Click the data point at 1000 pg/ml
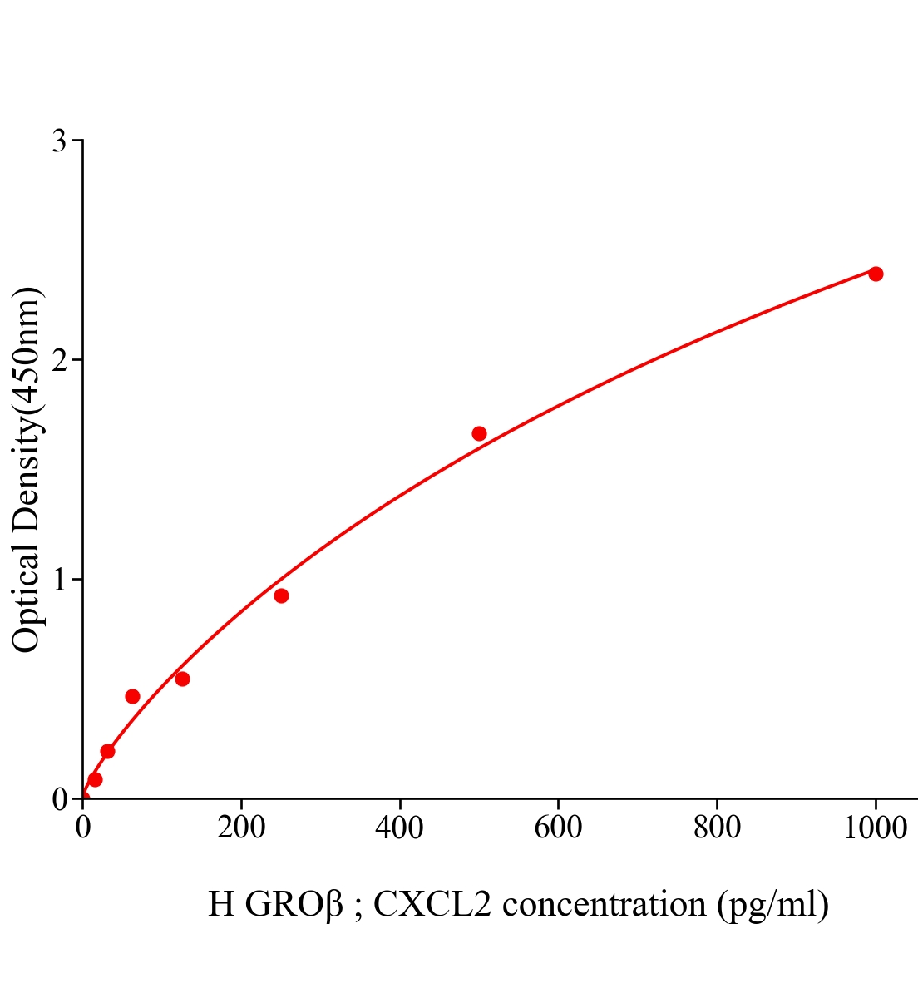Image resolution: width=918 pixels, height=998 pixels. tap(876, 274)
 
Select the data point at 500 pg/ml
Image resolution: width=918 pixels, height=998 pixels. tap(479, 433)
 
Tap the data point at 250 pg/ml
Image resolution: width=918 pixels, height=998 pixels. tap(281, 595)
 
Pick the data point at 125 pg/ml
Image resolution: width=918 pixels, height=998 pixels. tap(182, 679)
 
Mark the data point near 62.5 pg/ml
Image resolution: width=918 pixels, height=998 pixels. tap(132, 696)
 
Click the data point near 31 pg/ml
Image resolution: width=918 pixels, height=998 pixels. tap(107, 751)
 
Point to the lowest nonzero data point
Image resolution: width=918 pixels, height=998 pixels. tap(95, 779)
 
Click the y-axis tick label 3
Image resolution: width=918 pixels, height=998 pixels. tap(59, 141)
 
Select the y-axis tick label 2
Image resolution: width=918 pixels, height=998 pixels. tap(59, 360)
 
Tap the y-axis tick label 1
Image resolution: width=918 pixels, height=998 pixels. tap(59, 580)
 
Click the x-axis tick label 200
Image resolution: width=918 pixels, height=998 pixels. tap(241, 828)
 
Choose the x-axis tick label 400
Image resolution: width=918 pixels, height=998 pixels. tap(400, 828)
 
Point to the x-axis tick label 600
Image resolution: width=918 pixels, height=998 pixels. tap(558, 828)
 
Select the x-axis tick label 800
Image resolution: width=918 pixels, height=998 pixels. tap(717, 828)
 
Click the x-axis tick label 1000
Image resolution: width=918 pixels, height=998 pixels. tap(875, 828)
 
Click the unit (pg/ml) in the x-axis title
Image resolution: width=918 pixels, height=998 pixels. tap(773, 905)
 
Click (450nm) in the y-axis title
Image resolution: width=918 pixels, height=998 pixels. tap(27, 349)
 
